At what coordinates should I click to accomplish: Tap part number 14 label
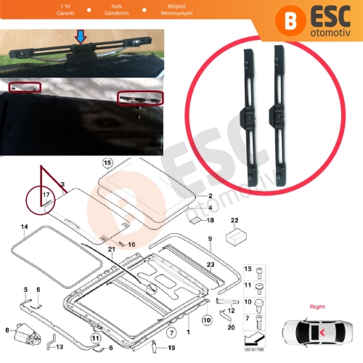(24, 227)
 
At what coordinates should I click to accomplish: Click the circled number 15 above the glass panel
(107, 163)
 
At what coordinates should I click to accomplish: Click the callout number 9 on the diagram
(209, 239)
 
